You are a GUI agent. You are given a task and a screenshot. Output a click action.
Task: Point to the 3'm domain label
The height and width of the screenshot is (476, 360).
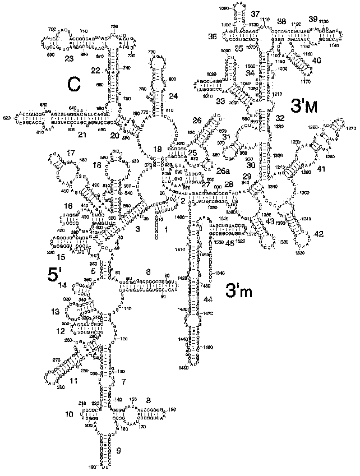pos(239,290)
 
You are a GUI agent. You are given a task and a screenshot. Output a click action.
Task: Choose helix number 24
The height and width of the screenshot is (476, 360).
pos(173,96)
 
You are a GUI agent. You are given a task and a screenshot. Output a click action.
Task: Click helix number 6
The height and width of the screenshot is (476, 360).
pos(148,272)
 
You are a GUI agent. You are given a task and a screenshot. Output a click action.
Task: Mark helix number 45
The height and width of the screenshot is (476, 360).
pos(229,243)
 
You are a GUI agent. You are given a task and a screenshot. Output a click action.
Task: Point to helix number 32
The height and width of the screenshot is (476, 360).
pos(280,118)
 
